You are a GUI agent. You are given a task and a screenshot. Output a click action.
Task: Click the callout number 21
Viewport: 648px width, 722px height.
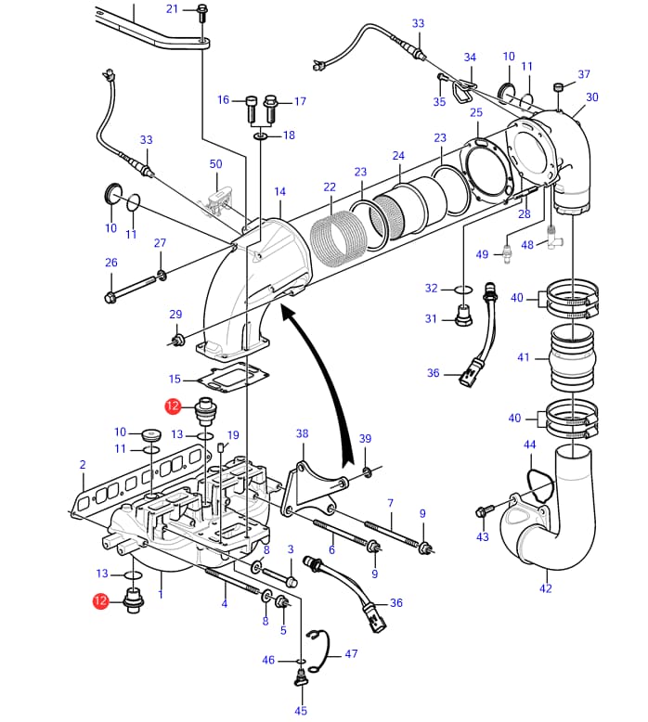[172, 9]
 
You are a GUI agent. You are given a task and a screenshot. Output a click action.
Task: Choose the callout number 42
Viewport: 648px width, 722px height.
[545, 588]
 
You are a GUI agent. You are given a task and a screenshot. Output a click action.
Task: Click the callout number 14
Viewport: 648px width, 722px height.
[279, 192]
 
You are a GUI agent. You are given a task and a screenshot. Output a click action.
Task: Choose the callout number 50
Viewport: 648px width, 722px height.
[216, 164]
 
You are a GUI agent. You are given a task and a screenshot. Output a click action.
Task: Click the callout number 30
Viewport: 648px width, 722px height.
[592, 97]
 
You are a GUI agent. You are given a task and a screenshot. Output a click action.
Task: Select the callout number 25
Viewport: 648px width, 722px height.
[476, 112]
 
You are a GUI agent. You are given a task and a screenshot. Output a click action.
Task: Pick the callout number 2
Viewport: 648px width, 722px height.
[83, 464]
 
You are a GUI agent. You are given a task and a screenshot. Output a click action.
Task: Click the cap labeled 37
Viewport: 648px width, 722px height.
[559, 88]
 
